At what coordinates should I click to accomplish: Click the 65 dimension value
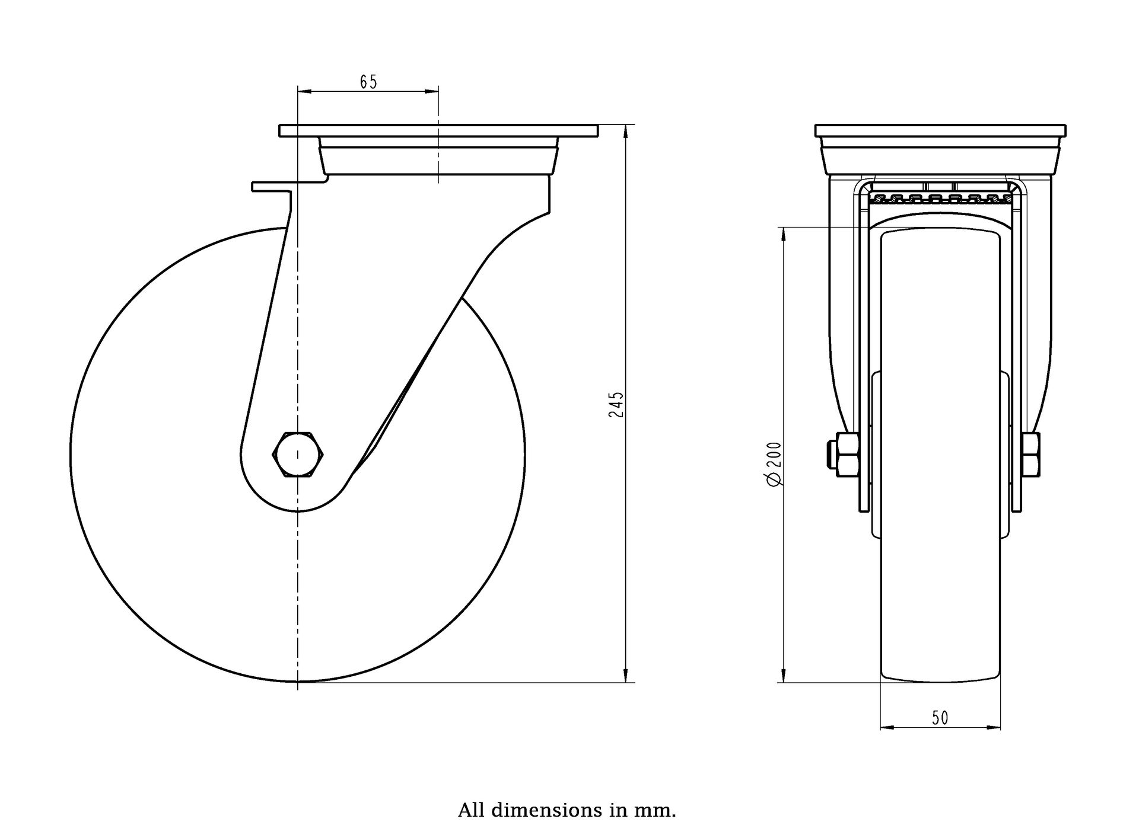click(x=368, y=82)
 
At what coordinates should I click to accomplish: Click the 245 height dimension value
click(x=616, y=404)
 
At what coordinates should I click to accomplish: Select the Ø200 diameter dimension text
click(x=775, y=464)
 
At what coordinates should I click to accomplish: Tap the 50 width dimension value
click(x=940, y=718)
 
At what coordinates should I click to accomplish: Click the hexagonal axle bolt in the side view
click(x=298, y=455)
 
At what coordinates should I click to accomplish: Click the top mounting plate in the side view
click(x=438, y=130)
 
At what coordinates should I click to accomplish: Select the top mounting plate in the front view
click(x=940, y=130)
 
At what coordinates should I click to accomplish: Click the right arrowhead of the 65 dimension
click(x=431, y=91)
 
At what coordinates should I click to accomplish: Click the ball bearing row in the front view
click(x=940, y=197)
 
